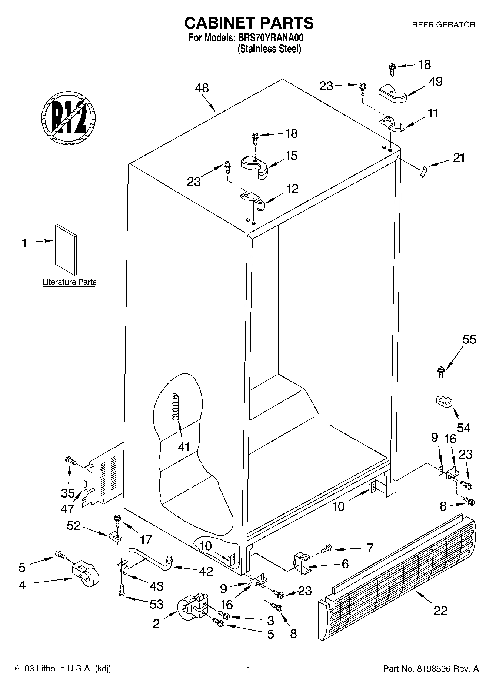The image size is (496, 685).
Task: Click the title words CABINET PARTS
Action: click(249, 23)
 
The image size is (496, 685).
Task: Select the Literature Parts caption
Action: click(69, 282)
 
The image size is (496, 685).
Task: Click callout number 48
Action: click(202, 88)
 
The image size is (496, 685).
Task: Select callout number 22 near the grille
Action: click(440, 611)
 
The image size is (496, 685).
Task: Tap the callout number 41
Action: click(184, 447)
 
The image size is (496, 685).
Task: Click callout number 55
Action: click(469, 339)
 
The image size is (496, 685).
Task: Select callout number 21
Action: click(459, 158)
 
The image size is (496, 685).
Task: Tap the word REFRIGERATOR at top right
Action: click(443, 25)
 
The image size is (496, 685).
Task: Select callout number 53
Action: click(156, 604)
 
